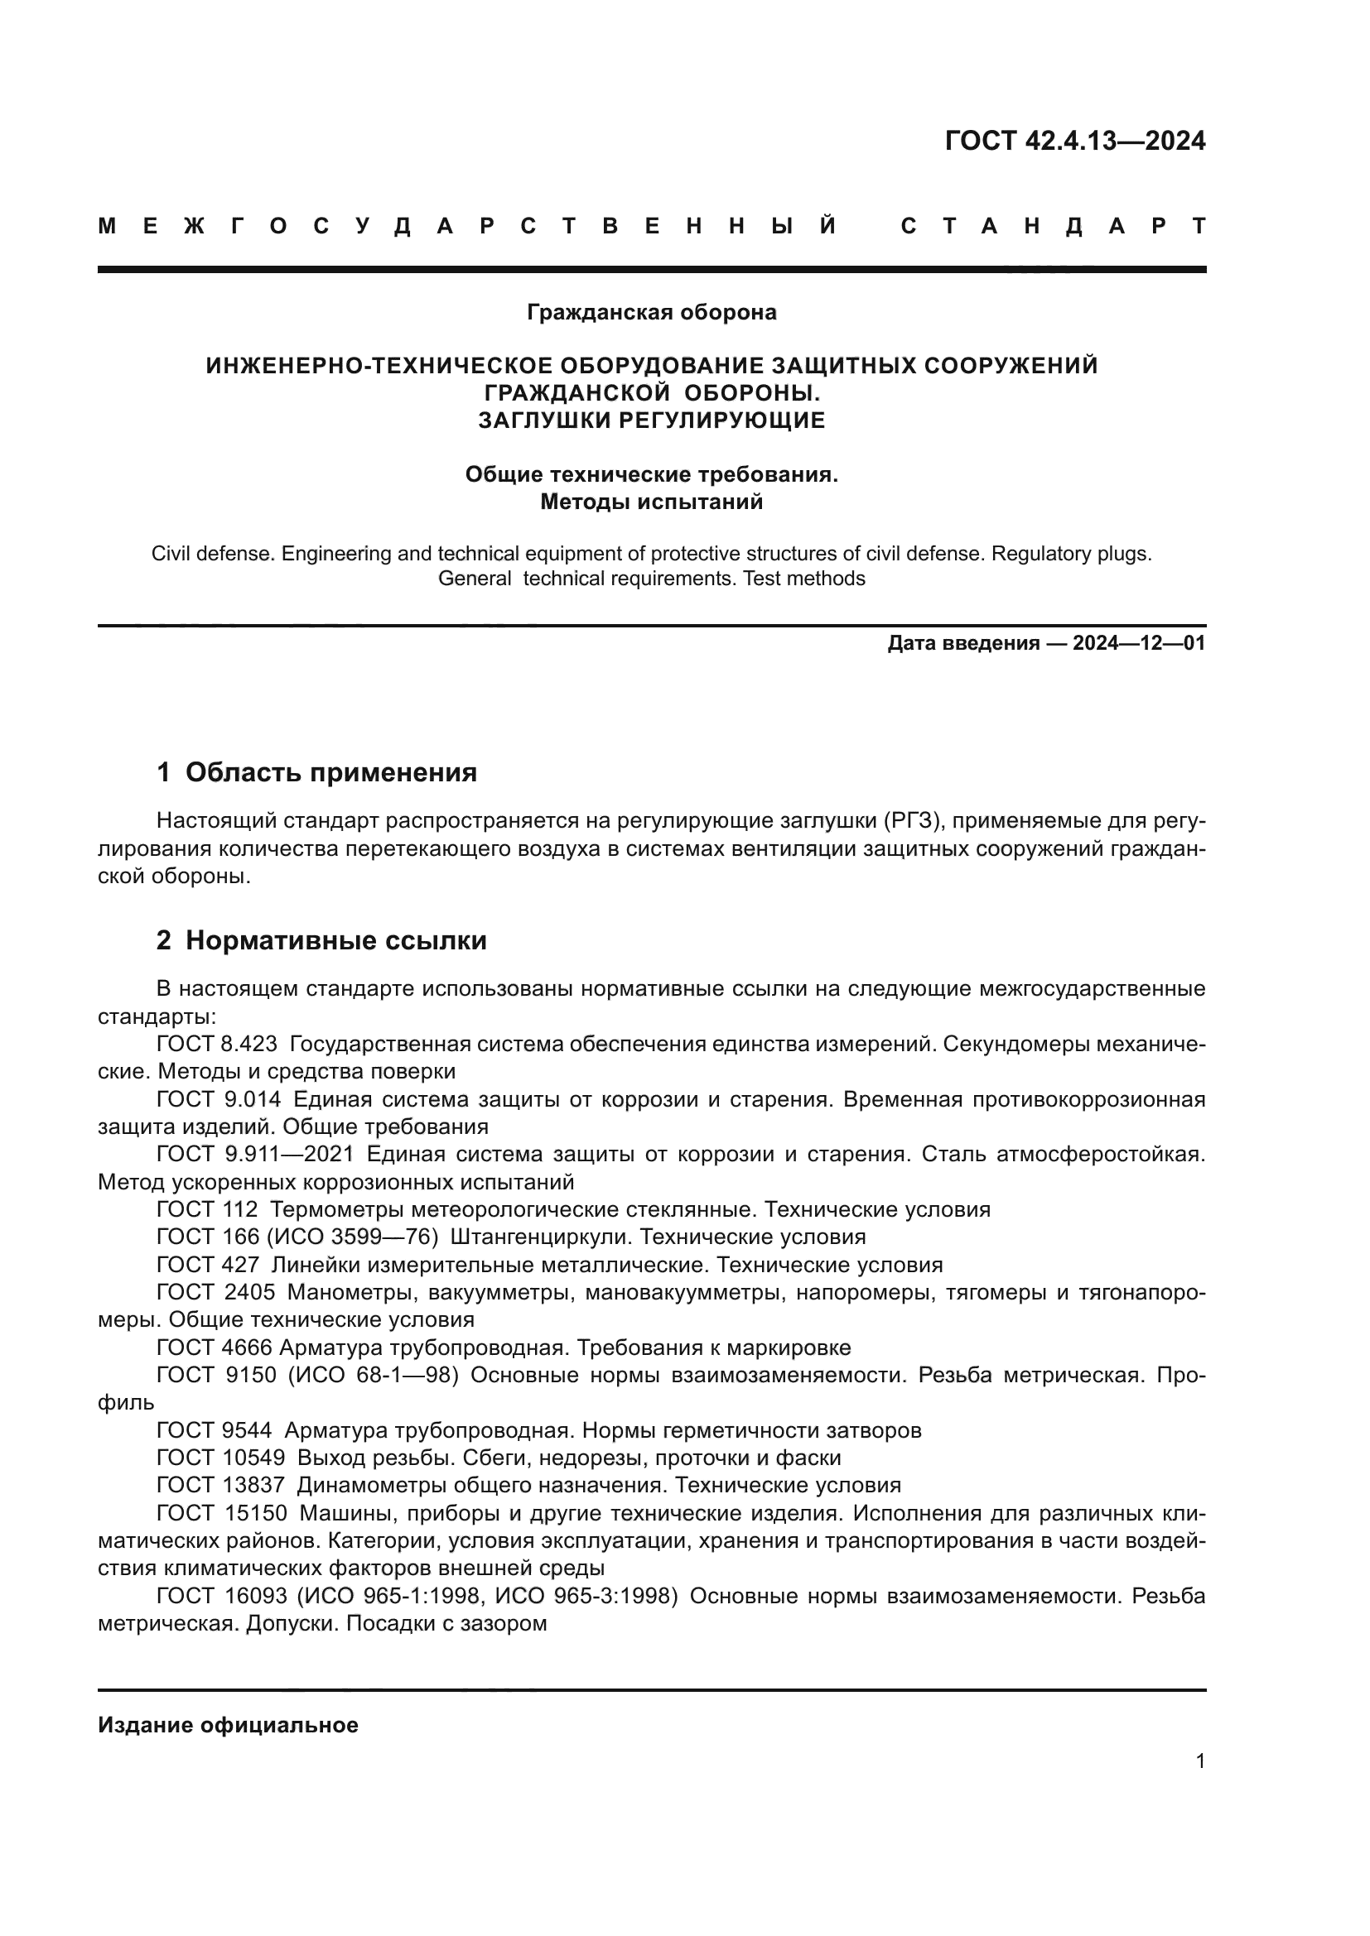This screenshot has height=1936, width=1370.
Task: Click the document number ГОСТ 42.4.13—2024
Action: pos(1075,140)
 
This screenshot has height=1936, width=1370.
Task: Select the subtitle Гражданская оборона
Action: pos(651,312)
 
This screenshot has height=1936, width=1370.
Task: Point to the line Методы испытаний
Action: pos(651,502)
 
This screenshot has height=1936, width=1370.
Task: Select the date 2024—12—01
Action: pos(1139,643)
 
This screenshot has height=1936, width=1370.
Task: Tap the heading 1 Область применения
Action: pos(316,771)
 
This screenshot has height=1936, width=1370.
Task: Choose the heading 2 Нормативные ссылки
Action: pos(321,940)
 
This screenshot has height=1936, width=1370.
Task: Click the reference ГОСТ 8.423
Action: pos(217,1044)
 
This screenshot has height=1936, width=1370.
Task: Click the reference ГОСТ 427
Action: pos(208,1265)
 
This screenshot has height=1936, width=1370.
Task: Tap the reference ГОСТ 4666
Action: pos(215,1348)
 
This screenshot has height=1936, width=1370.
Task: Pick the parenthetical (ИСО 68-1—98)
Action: pos(373,1376)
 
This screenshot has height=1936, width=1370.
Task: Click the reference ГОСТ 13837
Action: pos(220,1485)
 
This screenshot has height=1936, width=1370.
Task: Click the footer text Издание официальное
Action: pos(228,1725)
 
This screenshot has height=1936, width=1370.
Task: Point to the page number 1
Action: pos(1199,1761)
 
